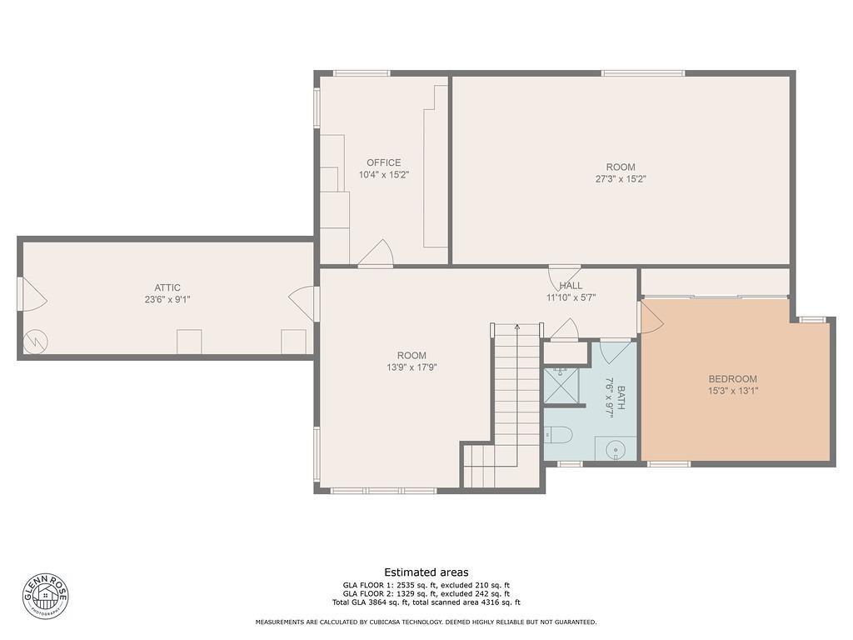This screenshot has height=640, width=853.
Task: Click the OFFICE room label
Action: (x=383, y=162)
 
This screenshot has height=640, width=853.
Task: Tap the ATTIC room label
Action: (x=167, y=287)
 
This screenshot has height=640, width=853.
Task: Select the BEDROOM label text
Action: (x=733, y=379)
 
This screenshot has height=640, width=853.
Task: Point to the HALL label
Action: (x=571, y=286)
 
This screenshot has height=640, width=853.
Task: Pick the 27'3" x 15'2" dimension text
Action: (x=621, y=178)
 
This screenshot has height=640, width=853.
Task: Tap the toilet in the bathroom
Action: (x=557, y=434)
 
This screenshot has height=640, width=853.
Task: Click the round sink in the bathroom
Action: (x=616, y=448)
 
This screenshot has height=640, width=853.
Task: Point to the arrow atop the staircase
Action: (x=517, y=327)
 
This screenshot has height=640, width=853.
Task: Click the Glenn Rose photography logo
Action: (x=45, y=595)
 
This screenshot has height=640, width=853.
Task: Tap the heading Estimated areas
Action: (x=426, y=572)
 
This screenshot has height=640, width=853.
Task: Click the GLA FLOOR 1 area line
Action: (x=426, y=586)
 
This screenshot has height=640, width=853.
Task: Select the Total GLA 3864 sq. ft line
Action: (x=426, y=602)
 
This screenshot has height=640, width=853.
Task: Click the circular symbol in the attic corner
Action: (x=36, y=341)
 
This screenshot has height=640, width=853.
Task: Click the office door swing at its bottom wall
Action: (x=377, y=254)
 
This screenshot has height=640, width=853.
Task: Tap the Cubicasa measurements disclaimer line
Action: (x=426, y=622)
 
